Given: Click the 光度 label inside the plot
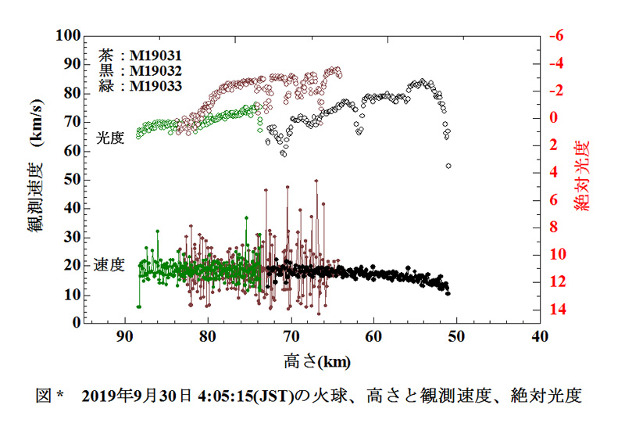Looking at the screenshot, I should point(110,137).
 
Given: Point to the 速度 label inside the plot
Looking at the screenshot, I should point(109,264).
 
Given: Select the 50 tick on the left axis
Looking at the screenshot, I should point(73,179).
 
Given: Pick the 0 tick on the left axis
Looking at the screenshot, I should point(77,322).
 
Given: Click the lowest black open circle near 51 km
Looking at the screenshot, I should point(448,166).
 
